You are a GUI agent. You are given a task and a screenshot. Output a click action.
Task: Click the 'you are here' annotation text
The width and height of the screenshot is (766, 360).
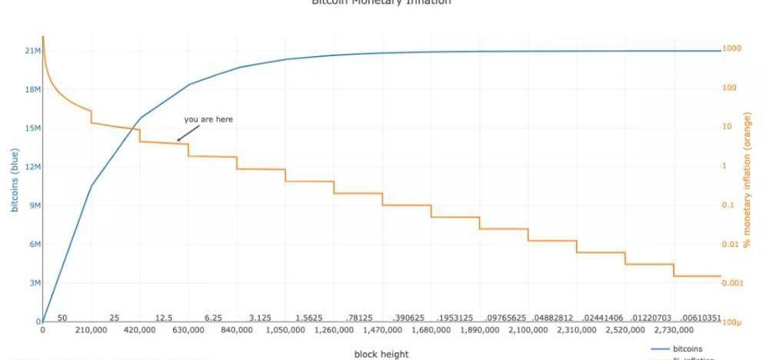(208, 119)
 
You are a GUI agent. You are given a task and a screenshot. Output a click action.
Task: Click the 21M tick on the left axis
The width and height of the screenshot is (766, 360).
(32, 51)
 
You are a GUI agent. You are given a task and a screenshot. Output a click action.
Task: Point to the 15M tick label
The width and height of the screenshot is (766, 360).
(32, 128)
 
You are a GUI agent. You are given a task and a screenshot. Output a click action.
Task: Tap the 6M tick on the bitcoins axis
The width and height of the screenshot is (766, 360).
(34, 245)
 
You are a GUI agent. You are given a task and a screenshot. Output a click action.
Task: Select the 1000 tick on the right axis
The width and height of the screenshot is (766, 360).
(731, 49)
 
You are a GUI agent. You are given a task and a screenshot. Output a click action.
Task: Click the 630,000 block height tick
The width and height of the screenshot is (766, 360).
(188, 330)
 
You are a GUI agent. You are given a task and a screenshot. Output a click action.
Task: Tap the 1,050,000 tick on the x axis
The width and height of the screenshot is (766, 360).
(285, 330)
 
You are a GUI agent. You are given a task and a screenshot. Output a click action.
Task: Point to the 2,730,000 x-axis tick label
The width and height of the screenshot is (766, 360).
(674, 330)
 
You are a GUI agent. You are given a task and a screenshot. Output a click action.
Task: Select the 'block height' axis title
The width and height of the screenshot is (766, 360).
(381, 354)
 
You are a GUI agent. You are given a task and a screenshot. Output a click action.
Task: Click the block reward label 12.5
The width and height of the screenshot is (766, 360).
(164, 318)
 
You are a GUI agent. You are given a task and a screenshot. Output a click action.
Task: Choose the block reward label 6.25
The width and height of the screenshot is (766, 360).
(213, 318)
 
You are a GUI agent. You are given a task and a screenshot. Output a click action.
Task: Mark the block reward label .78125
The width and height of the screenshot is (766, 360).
(358, 318)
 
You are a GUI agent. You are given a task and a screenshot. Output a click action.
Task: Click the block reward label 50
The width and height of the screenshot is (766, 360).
(62, 318)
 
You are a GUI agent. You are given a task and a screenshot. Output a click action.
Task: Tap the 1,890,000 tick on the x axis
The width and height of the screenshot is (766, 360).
(480, 330)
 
